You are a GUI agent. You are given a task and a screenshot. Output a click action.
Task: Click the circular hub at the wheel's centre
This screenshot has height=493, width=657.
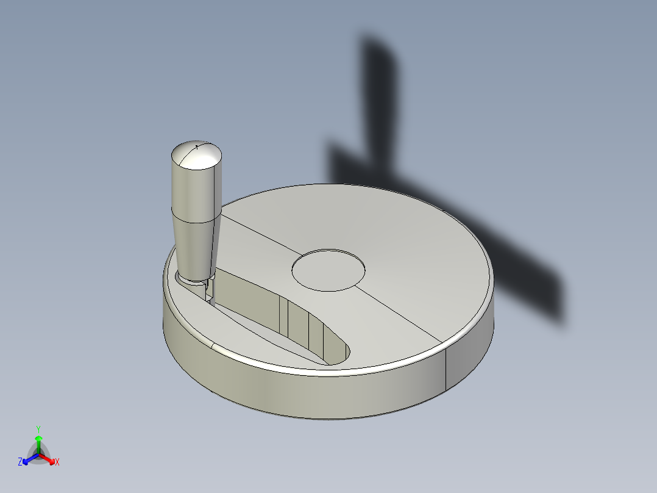(x=328, y=269)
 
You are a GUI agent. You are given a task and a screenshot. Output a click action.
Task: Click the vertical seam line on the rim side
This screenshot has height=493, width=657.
(x=447, y=369)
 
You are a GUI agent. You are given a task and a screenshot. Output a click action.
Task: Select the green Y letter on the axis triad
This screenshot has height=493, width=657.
(x=38, y=428)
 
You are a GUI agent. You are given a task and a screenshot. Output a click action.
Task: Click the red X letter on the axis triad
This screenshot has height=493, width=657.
(x=57, y=462)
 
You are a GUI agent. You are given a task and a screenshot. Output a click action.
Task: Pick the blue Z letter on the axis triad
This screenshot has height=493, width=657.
(x=20, y=462)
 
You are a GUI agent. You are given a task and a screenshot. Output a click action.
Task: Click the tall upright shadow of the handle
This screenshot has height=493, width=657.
(x=381, y=98)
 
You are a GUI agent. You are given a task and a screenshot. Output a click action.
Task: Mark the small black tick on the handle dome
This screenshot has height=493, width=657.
(x=197, y=146)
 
